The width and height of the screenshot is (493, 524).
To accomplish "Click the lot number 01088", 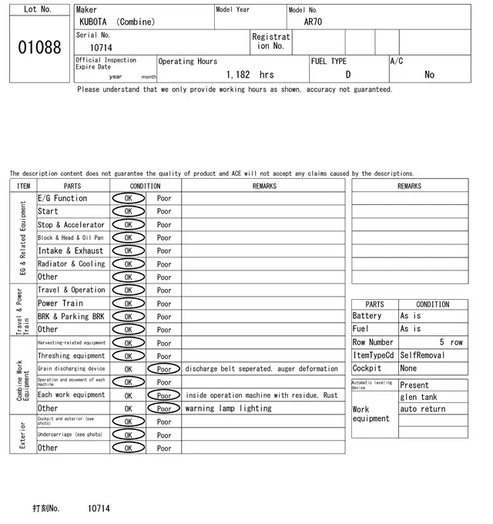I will (39, 48).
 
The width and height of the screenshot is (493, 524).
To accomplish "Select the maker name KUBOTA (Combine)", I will (116, 22).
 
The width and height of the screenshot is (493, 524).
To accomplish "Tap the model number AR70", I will (313, 22).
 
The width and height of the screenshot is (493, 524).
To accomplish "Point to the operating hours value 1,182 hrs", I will (250, 75).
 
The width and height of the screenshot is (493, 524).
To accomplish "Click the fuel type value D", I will (347, 75).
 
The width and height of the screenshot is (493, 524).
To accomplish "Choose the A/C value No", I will (429, 75).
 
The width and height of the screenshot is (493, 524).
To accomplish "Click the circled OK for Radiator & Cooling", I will (128, 264).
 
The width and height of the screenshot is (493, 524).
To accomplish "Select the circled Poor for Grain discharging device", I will (164, 369).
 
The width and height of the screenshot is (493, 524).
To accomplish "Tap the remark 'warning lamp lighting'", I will (229, 408).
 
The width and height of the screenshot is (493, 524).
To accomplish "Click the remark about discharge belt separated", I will (262, 369).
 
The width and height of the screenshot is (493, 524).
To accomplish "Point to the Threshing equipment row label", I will (71, 356).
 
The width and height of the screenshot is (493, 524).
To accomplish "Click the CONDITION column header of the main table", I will (145, 186).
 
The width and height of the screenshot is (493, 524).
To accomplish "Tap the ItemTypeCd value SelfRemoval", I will (422, 355).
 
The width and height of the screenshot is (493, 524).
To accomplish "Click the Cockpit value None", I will (408, 368).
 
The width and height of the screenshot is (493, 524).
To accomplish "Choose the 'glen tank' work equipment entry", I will (418, 397).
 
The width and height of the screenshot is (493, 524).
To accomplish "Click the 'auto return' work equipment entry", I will (422, 408).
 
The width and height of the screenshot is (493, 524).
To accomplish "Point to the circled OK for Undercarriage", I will (128, 435).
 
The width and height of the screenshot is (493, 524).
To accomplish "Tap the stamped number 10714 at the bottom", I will (99, 509).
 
